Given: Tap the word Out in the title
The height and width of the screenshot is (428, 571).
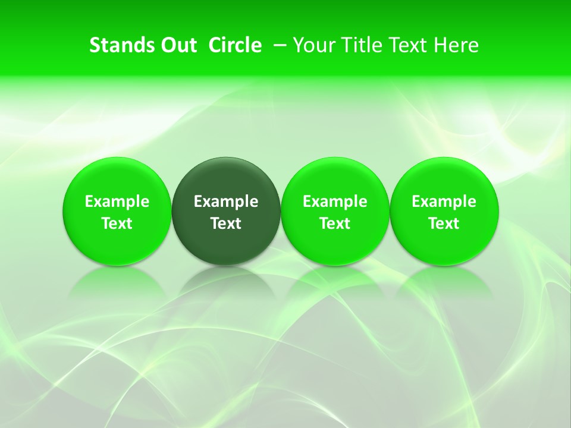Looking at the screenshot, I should tap(177, 45).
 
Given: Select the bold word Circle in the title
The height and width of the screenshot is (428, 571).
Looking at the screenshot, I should tap(235, 45).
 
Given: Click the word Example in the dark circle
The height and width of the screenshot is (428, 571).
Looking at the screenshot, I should tap(226, 202).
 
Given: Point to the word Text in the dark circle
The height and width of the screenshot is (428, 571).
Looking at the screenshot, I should tap(226, 224).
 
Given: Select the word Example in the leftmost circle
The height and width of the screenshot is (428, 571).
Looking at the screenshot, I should tap(117, 202).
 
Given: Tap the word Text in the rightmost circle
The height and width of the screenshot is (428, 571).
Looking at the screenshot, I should tap(444, 224).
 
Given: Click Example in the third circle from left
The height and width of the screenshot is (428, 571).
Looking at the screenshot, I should tap(335, 202).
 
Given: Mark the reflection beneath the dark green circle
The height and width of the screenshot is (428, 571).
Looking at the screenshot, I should tap(226, 282).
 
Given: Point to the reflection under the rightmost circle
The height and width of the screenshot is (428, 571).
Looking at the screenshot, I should tap(444, 282).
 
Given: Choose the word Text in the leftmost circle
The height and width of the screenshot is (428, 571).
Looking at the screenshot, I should tap(117, 224).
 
